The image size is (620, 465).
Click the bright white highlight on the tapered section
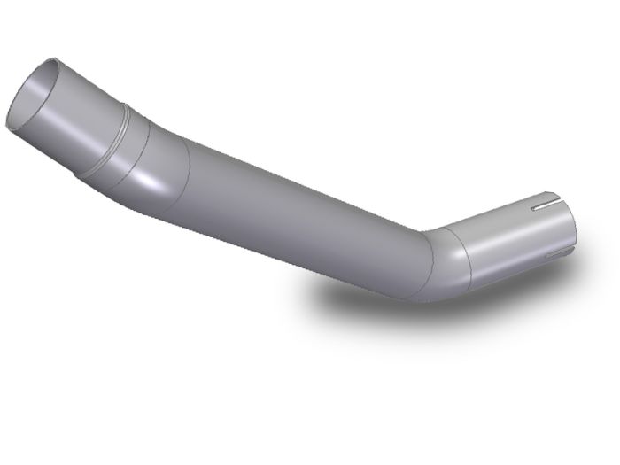click(x=159, y=182)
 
